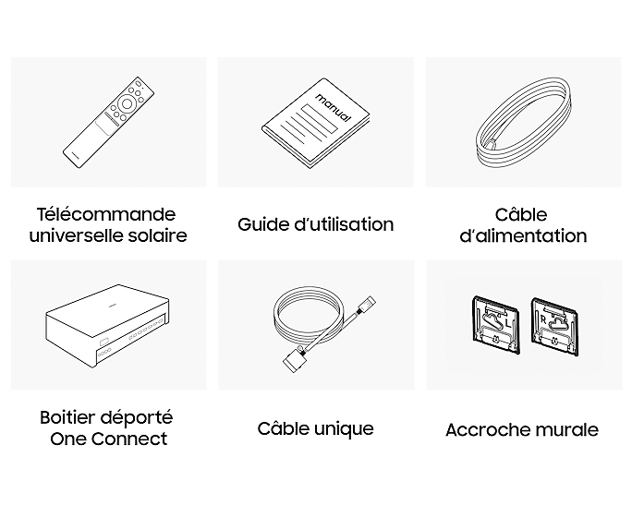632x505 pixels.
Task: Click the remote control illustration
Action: click(x=108, y=123)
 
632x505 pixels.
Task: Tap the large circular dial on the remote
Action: click(x=127, y=104)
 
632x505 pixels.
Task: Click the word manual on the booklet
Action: click(x=333, y=107)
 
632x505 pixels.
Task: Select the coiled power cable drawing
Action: click(x=524, y=125)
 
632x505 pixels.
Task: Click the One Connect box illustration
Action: click(x=107, y=326)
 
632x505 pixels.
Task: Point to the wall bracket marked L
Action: click(x=495, y=325)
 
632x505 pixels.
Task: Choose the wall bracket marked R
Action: click(x=555, y=327)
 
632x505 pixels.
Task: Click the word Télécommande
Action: click(x=106, y=214)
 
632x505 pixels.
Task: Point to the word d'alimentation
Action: click(x=523, y=236)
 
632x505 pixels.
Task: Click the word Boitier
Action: click(x=67, y=417)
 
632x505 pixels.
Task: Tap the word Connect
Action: click(x=129, y=439)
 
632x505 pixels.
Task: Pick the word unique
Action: click(x=344, y=429)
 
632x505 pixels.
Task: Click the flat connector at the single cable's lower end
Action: click(x=294, y=360)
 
